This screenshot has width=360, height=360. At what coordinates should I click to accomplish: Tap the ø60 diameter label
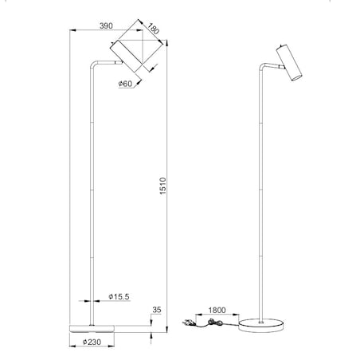click(125, 83)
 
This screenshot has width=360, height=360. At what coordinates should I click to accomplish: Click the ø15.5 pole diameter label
click(117, 296)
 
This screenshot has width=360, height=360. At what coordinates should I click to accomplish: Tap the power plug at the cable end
click(189, 323)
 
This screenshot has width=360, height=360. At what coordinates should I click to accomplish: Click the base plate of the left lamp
click(92, 326)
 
